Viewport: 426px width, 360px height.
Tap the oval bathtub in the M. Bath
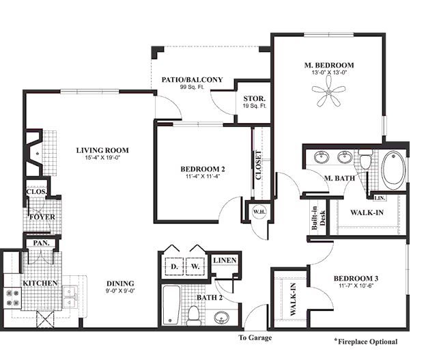(393, 170)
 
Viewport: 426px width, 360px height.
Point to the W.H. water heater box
(258, 211)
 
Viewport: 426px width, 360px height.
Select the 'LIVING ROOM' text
(102, 150)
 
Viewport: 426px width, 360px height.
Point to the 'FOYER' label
(42, 217)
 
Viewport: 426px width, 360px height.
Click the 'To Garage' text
(254, 338)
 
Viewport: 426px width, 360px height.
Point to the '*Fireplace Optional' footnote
(365, 341)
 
